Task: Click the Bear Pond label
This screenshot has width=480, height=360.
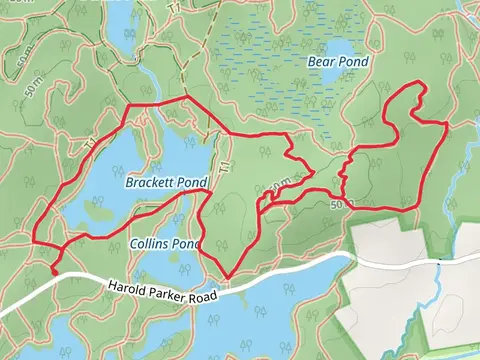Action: coord(337,62)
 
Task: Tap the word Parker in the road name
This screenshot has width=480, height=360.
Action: coord(165,294)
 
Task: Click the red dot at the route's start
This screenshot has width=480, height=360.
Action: coord(53,268)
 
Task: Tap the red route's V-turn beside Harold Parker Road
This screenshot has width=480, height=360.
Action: coord(226,278)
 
